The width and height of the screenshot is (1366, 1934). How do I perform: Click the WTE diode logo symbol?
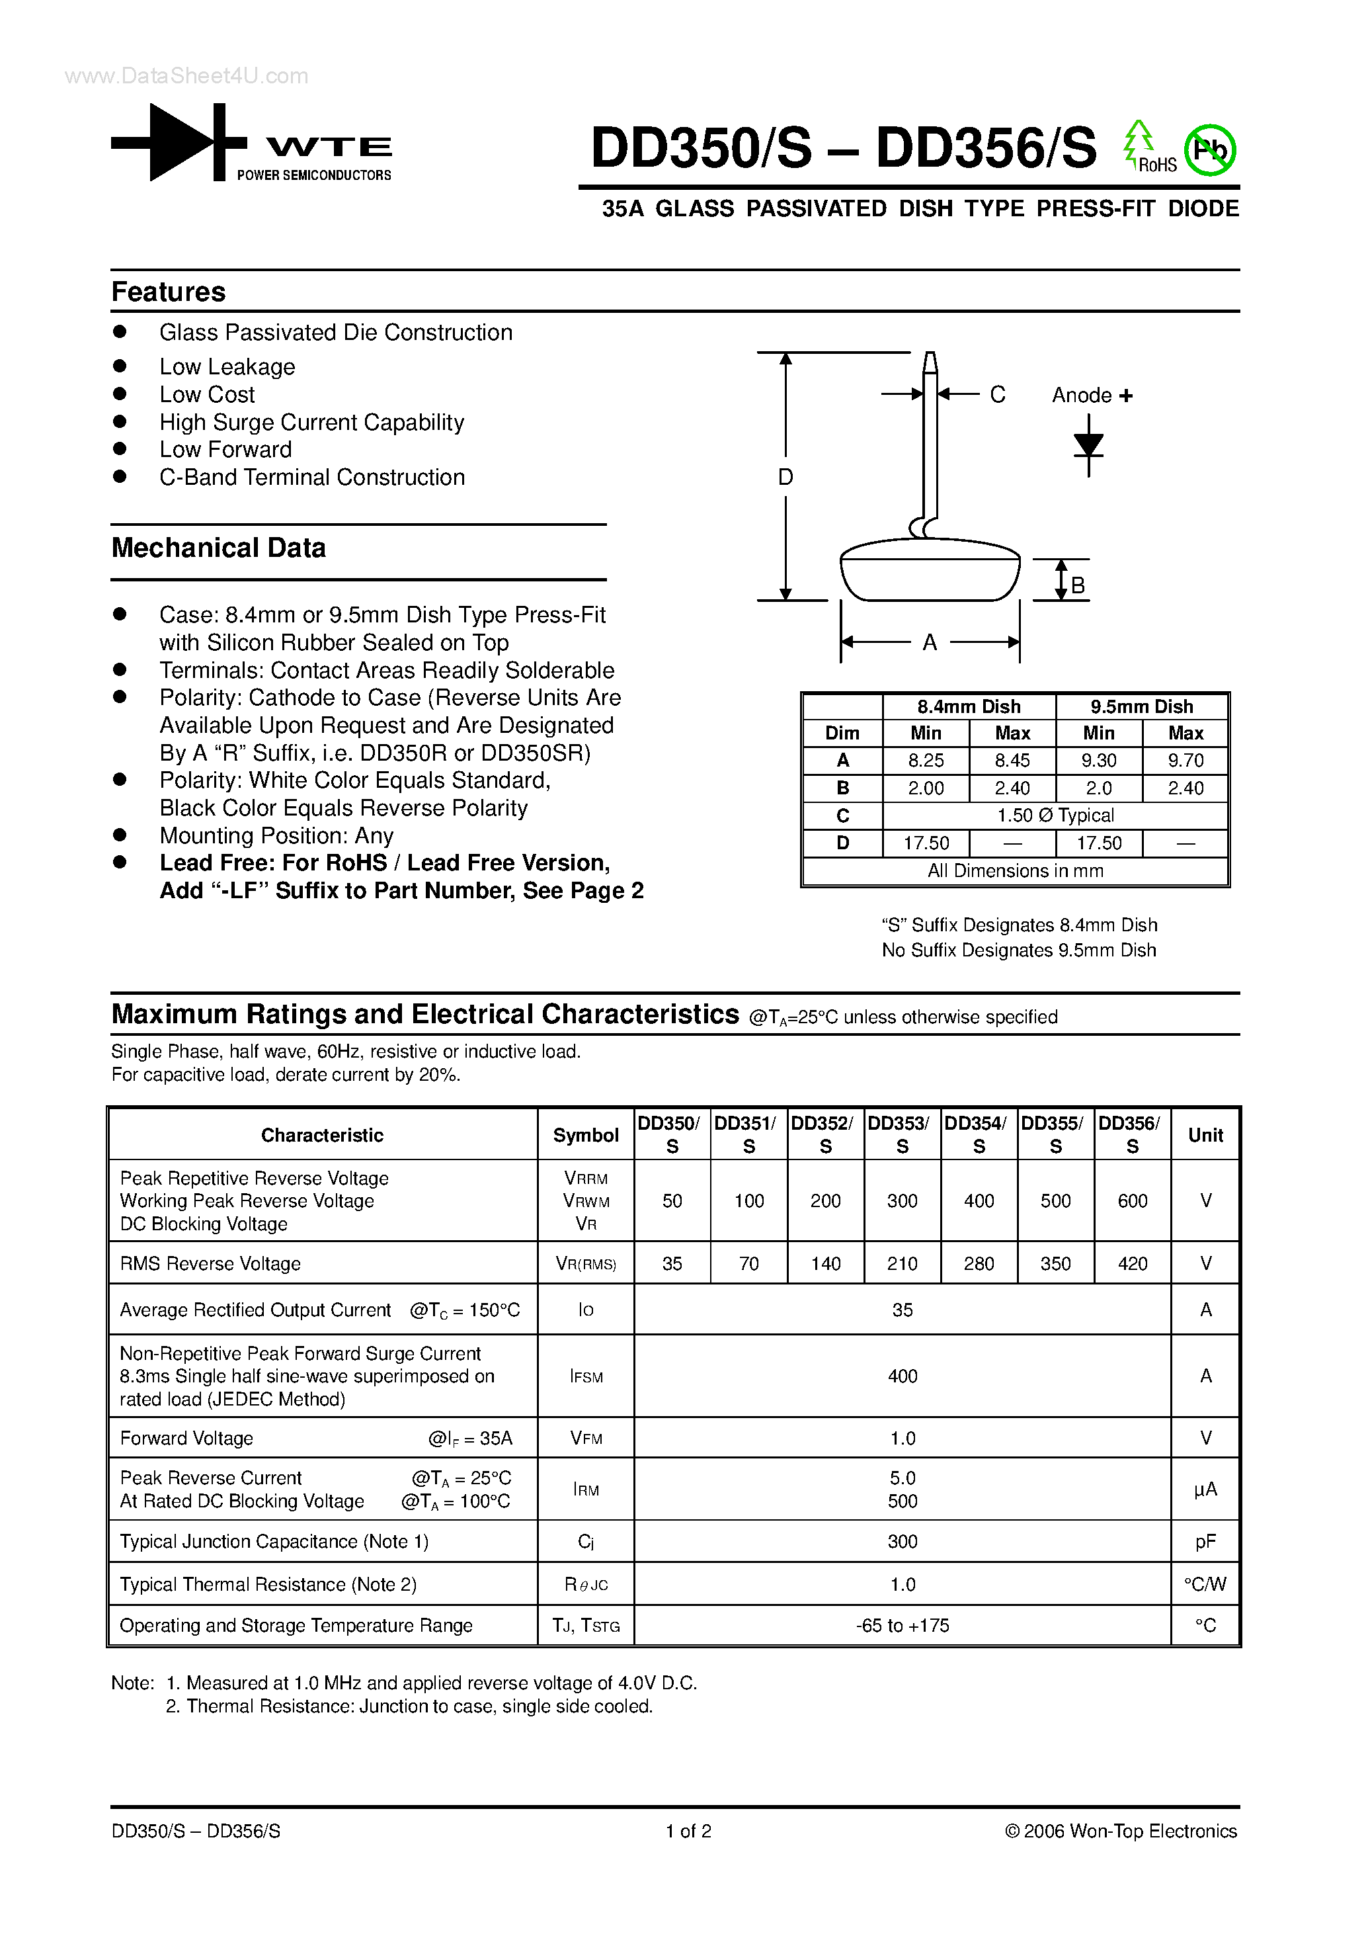coord(179,142)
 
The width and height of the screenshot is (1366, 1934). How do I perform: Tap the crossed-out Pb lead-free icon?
coord(1209,150)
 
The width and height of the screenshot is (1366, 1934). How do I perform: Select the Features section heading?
coord(169,292)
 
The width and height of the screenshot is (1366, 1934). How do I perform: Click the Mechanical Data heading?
coord(218,548)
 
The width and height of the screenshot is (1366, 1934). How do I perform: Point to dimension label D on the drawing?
coord(785,477)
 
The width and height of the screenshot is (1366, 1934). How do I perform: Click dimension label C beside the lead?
coord(997,394)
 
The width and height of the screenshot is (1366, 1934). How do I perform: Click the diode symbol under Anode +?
coord(1088,446)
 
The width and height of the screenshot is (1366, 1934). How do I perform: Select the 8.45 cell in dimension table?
coord(1012,761)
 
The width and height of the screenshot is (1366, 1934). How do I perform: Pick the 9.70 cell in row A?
coord(1185,761)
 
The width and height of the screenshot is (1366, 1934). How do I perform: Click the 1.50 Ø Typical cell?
coord(1055,816)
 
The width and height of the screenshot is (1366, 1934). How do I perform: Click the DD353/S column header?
coord(901,1134)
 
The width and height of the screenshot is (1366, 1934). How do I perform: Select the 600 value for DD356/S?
coord(1132,1200)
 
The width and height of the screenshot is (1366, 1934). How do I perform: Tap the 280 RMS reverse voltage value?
coord(979,1263)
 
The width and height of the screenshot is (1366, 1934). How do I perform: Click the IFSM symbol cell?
coord(586,1376)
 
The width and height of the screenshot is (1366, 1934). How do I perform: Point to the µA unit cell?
coord(1205,1490)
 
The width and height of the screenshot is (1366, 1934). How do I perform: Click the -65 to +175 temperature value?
coord(902,1625)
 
